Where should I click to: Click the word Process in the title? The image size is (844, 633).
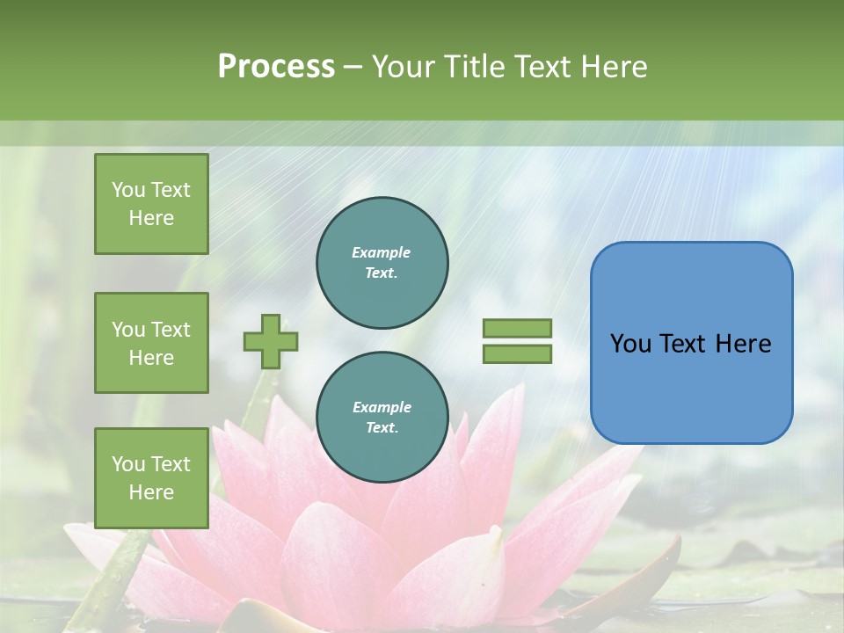click(x=276, y=67)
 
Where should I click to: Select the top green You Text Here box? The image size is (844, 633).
click(x=151, y=204)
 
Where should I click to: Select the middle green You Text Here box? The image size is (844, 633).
click(x=151, y=343)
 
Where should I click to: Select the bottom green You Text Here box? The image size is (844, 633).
click(x=151, y=477)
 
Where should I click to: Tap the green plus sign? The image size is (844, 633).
click(x=270, y=341)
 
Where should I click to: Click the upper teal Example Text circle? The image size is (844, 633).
click(x=382, y=263)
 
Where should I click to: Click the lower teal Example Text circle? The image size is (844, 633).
click(x=382, y=418)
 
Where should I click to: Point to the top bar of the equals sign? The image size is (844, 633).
click(x=517, y=329)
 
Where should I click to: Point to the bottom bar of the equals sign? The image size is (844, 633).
click(x=517, y=354)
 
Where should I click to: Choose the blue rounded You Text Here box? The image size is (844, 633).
click(x=691, y=343)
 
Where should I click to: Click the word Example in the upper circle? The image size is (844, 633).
click(x=382, y=252)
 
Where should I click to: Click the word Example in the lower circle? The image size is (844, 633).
click(x=382, y=407)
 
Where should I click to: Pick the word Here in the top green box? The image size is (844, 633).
click(x=151, y=218)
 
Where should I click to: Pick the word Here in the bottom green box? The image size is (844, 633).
click(x=151, y=492)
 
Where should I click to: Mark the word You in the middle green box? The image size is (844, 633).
click(x=128, y=330)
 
